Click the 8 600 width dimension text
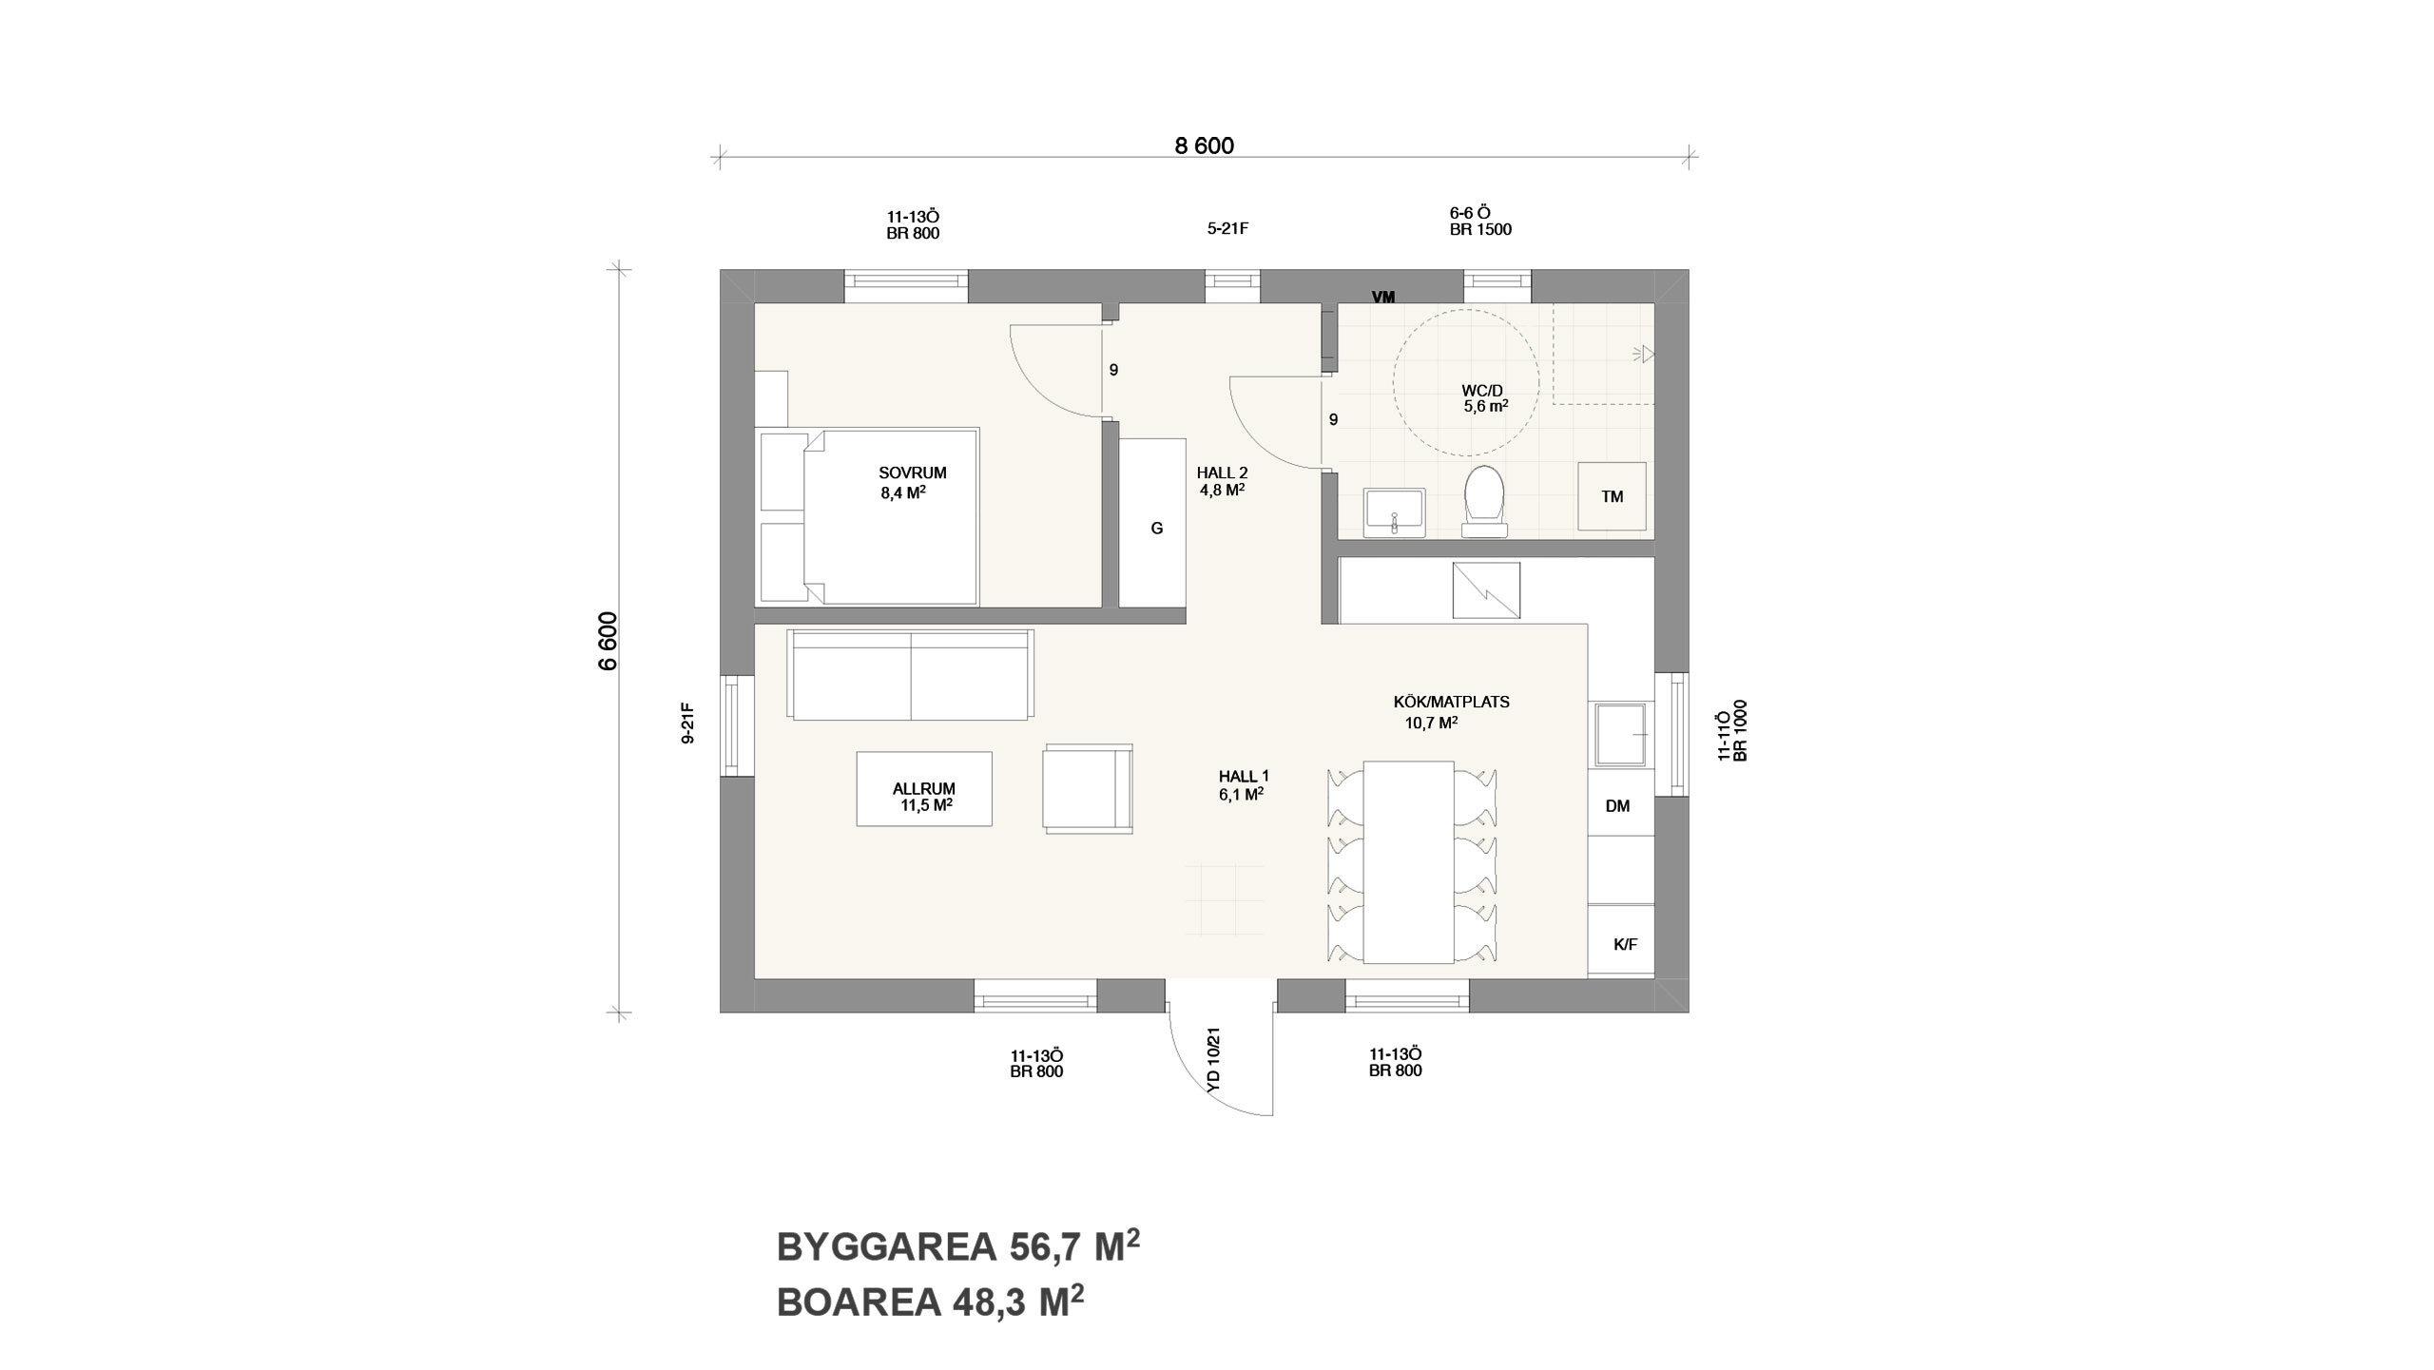click(x=1204, y=145)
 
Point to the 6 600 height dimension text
click(x=608, y=641)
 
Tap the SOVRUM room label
click(x=913, y=473)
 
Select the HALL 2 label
click(x=1222, y=473)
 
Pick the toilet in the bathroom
click(x=1484, y=501)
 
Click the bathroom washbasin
click(x=1395, y=513)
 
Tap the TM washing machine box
click(x=1612, y=496)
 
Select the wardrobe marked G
click(x=1152, y=522)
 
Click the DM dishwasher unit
click(x=1621, y=806)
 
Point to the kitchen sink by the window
click(x=1620, y=734)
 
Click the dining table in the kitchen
click(x=1408, y=862)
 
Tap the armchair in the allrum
click(x=1088, y=788)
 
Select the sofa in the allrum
click(x=910, y=674)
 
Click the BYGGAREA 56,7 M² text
click(x=957, y=1246)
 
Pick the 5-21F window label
click(x=1227, y=228)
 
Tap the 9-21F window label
click(x=688, y=723)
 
